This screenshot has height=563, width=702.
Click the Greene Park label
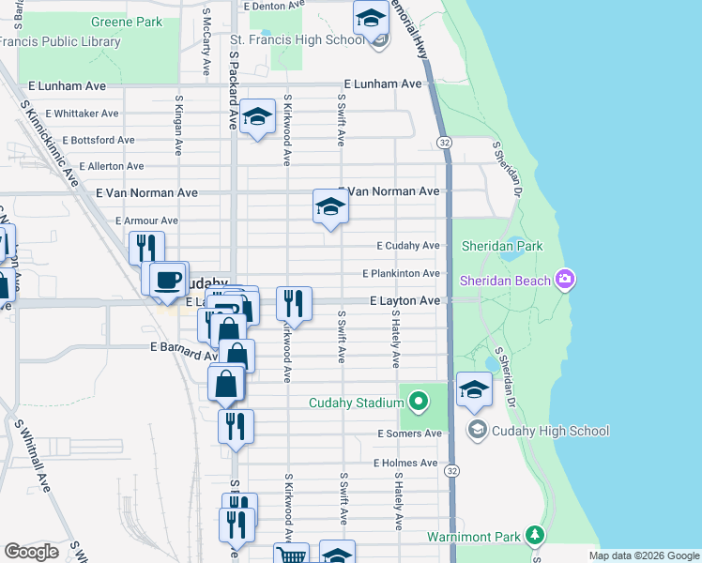[127, 21]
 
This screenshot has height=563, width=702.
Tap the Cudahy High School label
[551, 431]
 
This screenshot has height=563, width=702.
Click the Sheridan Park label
[502, 246]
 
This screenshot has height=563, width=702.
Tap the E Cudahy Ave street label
[408, 246]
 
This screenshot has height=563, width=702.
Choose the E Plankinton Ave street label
[402, 273]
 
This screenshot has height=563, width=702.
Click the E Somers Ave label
[409, 434]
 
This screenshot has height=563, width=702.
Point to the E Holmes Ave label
[405, 463]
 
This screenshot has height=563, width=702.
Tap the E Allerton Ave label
[112, 166]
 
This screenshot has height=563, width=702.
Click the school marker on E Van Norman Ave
[330, 206]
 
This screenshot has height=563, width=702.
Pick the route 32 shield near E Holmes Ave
[452, 469]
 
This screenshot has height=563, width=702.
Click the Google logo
[32, 552]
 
